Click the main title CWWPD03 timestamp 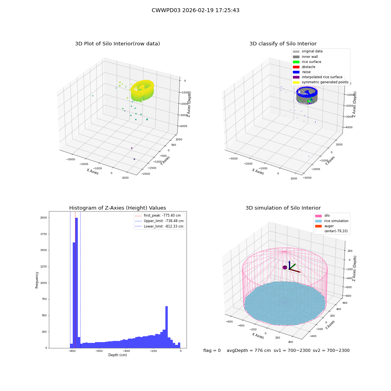(195, 11)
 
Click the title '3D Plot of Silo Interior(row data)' (117, 44)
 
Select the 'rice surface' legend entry (307, 62)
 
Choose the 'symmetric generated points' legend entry (321, 82)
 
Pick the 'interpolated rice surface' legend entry (317, 77)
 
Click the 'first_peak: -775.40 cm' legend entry (158, 215)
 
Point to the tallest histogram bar (77, 283)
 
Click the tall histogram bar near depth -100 (167, 327)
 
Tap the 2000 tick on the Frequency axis (44, 218)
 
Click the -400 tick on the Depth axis (126, 351)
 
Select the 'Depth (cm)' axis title (118, 355)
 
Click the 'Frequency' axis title (37, 280)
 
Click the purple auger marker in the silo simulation (285, 267)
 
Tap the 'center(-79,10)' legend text (336, 231)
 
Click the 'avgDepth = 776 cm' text (249, 350)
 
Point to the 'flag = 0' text (212, 350)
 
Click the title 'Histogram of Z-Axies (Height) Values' (117, 208)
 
